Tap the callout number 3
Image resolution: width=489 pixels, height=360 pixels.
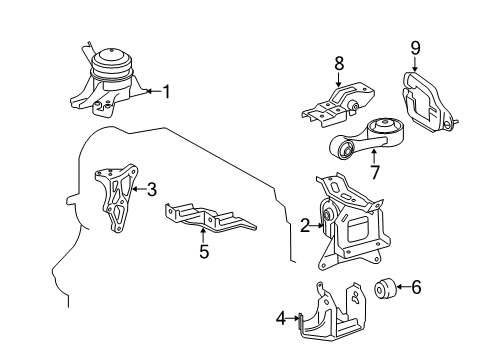(x=152, y=187)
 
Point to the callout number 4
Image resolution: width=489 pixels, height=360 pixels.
(x=282, y=320)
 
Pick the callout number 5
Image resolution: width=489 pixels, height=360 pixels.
(x=204, y=253)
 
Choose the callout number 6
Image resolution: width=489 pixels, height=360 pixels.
(x=417, y=288)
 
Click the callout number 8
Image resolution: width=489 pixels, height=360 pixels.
(x=339, y=62)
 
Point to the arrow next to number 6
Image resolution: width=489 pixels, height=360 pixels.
(x=402, y=288)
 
